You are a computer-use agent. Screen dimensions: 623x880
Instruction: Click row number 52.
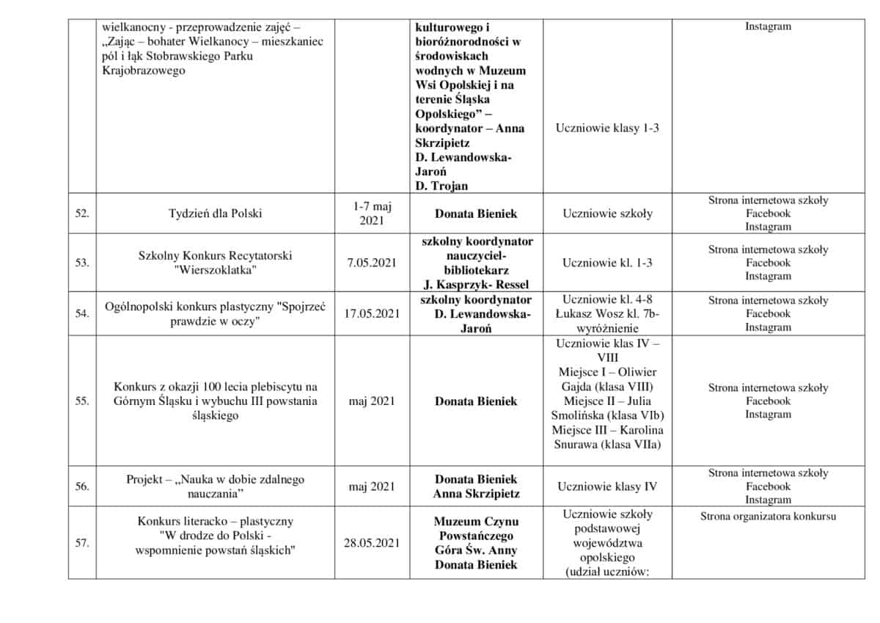[82, 214]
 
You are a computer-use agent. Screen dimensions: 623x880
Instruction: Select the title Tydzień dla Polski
[215, 214]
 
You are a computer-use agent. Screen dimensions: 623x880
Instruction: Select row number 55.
[82, 401]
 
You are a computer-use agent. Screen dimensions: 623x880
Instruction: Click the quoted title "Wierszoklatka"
[215, 270]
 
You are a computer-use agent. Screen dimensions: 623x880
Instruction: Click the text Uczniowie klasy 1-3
[608, 128]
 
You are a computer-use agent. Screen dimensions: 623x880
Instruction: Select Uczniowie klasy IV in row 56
[608, 486]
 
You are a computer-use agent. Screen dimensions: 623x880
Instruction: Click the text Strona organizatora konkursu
[768, 516]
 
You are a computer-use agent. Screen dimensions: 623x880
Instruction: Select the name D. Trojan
[441, 186]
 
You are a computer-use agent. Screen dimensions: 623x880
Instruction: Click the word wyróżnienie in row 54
[608, 329]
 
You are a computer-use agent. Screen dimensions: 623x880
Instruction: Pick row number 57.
[82, 543]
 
